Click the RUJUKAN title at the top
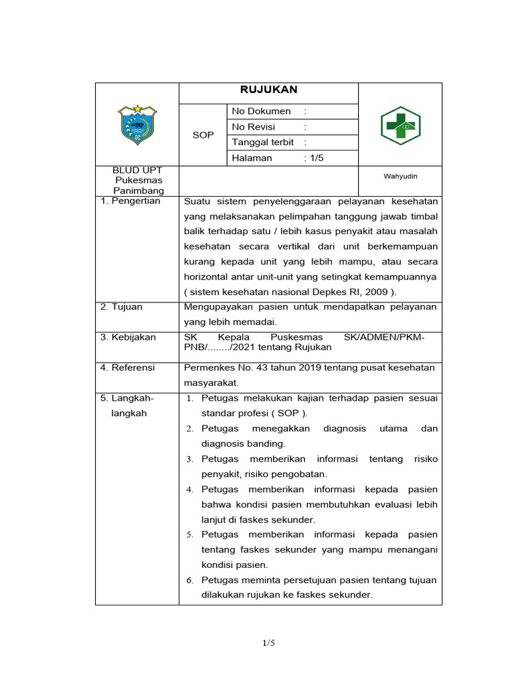tap(268, 90)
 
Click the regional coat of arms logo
tap(138, 124)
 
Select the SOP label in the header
tap(203, 135)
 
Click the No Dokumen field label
tap(261, 111)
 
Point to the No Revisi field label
tap(253, 126)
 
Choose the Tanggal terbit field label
tap(262, 142)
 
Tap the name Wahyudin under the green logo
tap(400, 176)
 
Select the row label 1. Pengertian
tap(131, 201)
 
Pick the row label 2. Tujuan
tap(121, 307)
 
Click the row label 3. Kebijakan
tap(128, 337)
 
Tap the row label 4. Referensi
tap(127, 367)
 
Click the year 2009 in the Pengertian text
tap(376, 292)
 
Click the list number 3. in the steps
tap(189, 460)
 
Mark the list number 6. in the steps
tap(189, 581)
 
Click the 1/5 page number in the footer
tap(268, 643)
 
